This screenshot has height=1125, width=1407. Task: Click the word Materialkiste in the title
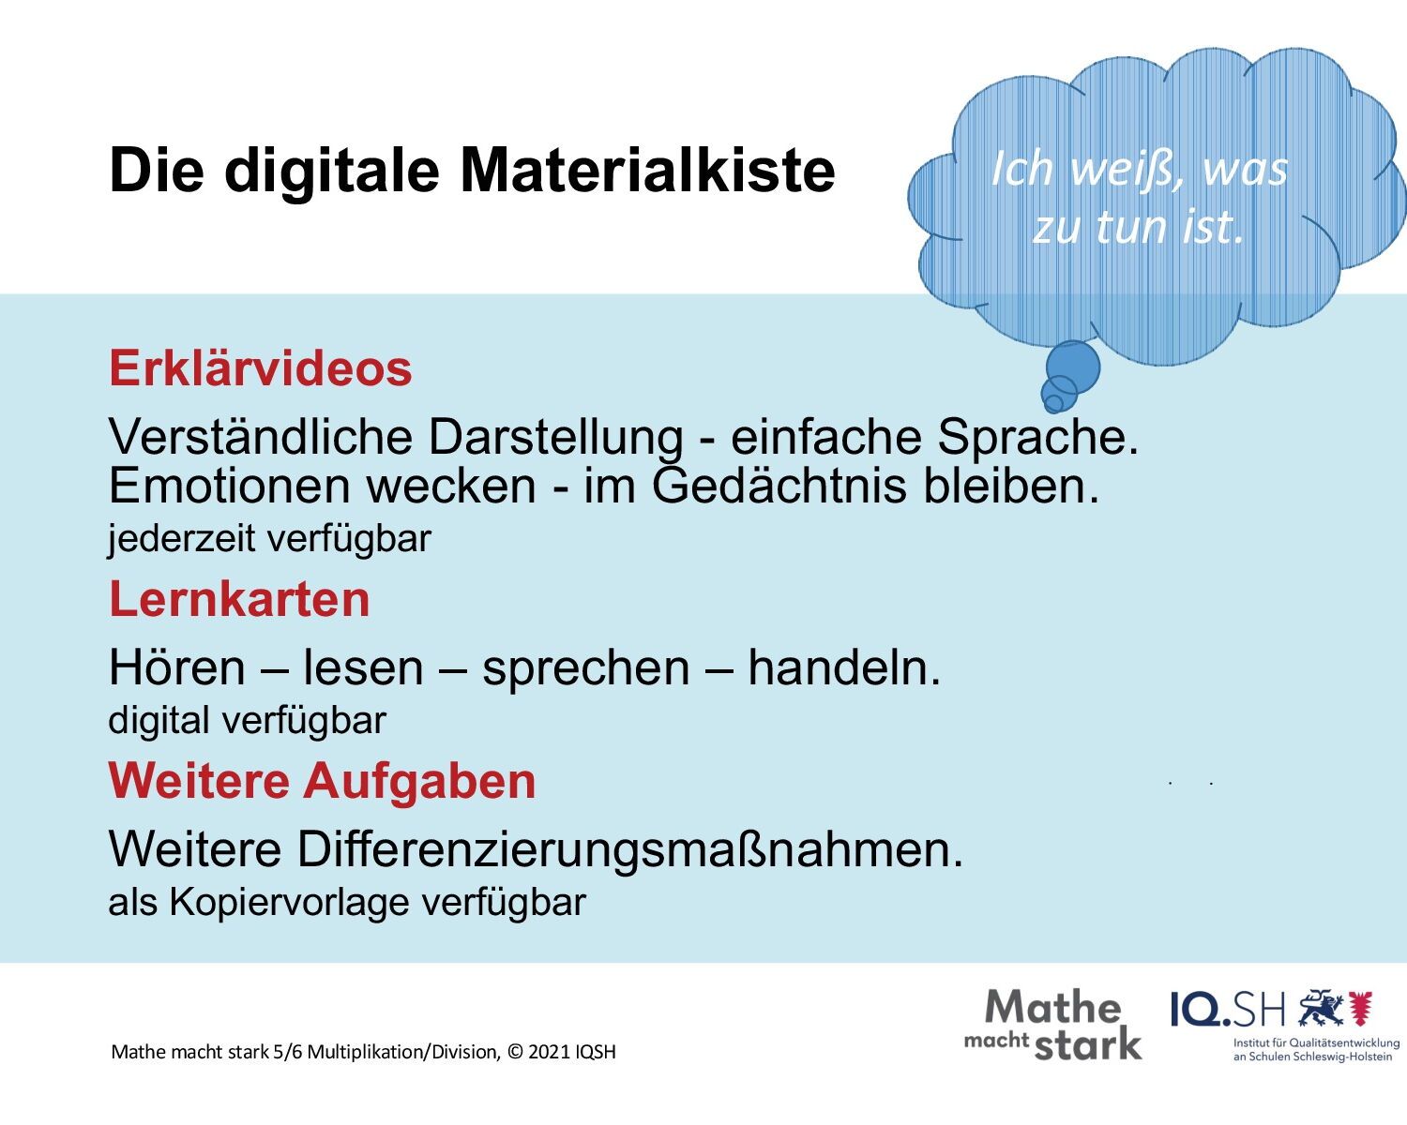(647, 171)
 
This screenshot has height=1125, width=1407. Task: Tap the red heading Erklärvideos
(260, 368)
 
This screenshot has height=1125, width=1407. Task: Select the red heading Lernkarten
(239, 599)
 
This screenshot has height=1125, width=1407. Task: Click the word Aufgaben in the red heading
(419, 781)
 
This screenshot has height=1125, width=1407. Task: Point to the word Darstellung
(555, 437)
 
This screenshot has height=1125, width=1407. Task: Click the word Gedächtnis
(779, 487)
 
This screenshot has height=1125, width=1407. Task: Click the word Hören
(177, 668)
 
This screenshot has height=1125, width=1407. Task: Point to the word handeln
(844, 668)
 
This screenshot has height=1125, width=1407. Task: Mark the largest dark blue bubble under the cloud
(1073, 367)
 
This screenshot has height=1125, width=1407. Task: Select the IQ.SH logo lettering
(1228, 1012)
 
